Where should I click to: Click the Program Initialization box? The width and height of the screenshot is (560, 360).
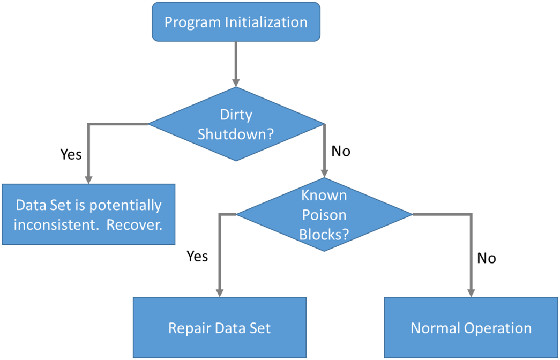[x=236, y=22]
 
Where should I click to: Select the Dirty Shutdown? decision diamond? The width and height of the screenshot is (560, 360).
[x=236, y=124]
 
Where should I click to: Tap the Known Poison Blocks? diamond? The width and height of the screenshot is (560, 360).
[x=324, y=215]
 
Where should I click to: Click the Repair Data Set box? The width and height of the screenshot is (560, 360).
[x=220, y=327]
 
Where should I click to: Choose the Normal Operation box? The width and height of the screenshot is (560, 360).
[x=471, y=327]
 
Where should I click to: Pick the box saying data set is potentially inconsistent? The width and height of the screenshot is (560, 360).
[x=88, y=214]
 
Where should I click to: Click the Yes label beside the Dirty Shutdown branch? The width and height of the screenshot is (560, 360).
[x=71, y=154]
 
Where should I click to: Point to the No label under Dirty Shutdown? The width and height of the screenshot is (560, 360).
[x=341, y=151]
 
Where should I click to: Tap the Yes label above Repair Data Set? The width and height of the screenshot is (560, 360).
[x=197, y=256]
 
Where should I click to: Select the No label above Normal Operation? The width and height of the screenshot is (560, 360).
[x=487, y=258]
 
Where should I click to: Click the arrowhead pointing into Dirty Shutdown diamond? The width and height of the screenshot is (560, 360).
[x=236, y=82]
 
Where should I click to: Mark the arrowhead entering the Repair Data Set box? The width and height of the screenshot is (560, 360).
[x=220, y=292]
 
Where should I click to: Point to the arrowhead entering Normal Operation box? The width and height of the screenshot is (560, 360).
[x=472, y=292]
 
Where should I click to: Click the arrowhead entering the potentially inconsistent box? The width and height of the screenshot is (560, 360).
[x=88, y=179]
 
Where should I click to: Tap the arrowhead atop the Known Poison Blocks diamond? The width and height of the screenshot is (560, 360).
[x=324, y=173]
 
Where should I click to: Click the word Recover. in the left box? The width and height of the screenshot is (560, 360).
[x=135, y=224]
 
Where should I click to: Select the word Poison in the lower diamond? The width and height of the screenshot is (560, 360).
[x=324, y=215]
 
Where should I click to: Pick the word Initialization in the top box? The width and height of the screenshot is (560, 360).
[x=266, y=22]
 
